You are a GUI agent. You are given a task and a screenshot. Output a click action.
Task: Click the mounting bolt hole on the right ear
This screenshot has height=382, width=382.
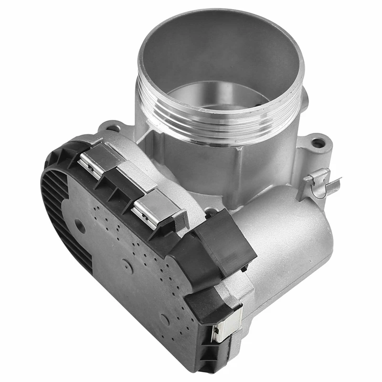(x=318, y=142)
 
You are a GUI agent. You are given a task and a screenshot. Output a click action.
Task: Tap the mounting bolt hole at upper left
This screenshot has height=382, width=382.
(x=114, y=128)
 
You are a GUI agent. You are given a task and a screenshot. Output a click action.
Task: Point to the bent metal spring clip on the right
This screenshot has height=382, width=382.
(x=322, y=184)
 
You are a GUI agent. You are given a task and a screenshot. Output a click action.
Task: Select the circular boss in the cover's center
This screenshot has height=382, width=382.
(x=127, y=265)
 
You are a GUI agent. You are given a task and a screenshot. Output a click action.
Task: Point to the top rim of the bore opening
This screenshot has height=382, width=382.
(x=220, y=14)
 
